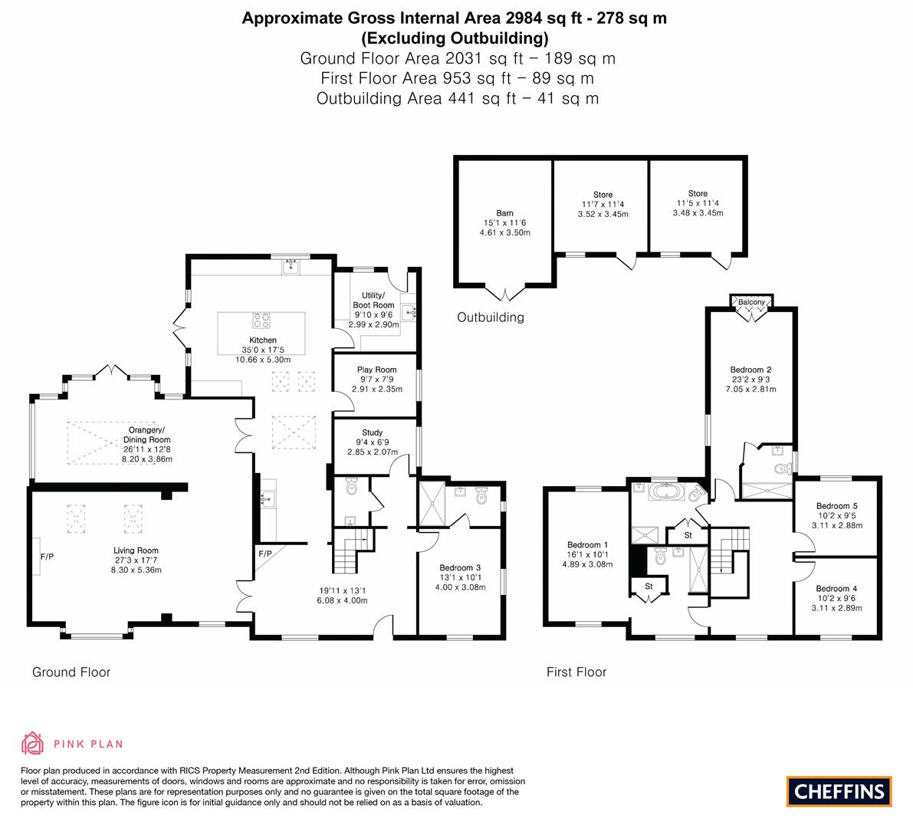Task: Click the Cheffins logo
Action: pos(839,791)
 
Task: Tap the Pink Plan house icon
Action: pos(32,743)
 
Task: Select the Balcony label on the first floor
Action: pos(751,302)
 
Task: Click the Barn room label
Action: pos(504,213)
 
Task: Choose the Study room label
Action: pos(373,432)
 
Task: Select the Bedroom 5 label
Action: pos(836,506)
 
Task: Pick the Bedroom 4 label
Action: pos(836,589)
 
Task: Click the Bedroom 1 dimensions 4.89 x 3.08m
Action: pos(588,563)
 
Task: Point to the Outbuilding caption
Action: pos(491,317)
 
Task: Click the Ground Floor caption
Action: pos(71,672)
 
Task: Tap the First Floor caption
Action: pos(576,672)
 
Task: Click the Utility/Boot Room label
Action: pos(373,301)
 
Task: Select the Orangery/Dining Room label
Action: pos(147,435)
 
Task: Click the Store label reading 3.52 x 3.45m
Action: pos(603,215)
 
